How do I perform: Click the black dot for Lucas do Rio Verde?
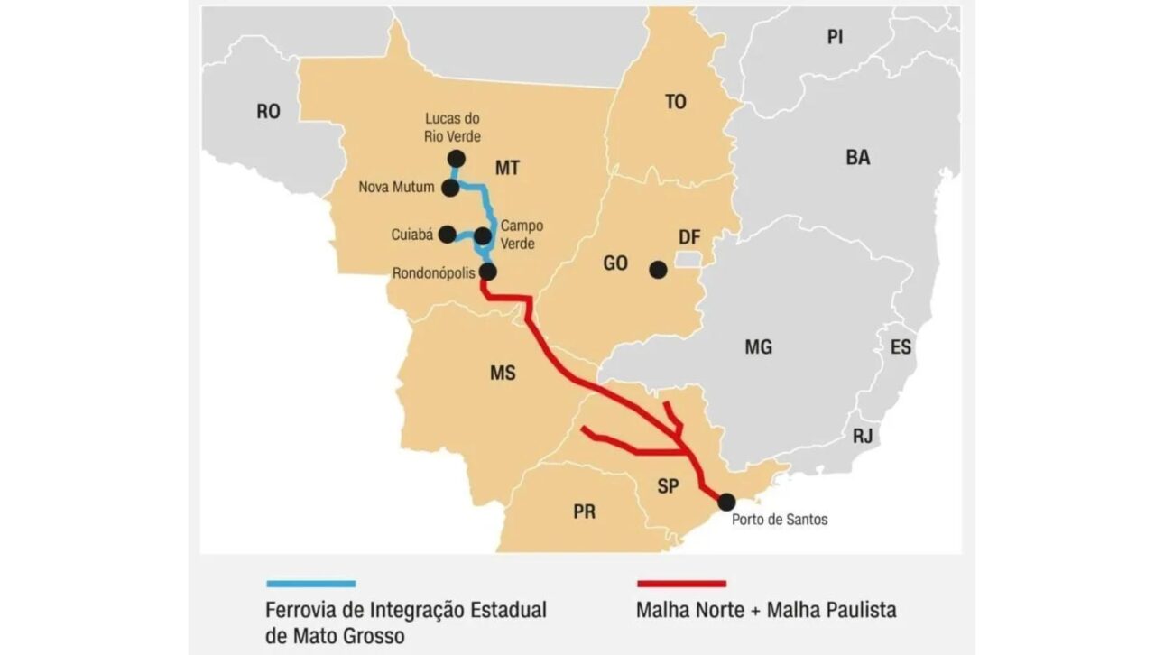click(456, 159)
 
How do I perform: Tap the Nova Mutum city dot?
click(450, 188)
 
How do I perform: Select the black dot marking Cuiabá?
click(447, 235)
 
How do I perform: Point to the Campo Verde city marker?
click(483, 236)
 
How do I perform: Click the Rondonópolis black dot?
click(488, 271)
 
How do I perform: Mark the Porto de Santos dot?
click(726, 502)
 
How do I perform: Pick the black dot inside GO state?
click(658, 269)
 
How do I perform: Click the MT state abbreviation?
click(508, 168)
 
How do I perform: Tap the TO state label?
click(675, 102)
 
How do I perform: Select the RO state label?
click(268, 112)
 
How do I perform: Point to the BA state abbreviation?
click(858, 157)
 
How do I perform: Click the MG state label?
click(759, 346)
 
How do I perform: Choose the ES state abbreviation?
click(901, 347)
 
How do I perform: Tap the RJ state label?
click(863, 437)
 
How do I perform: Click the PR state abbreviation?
click(584, 512)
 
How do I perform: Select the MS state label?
click(503, 372)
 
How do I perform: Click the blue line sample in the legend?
click(311, 584)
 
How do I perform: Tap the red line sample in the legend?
click(681, 584)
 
